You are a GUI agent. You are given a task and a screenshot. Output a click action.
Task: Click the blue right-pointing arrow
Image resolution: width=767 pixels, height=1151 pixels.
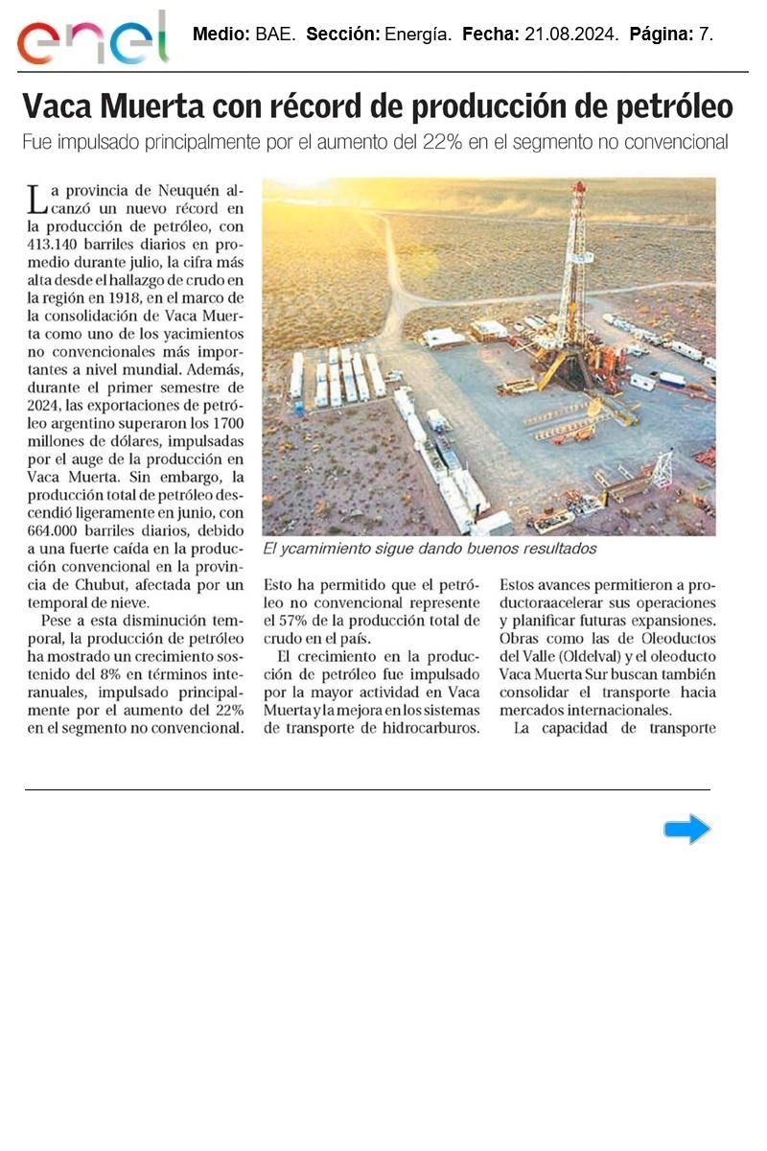[686, 829]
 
